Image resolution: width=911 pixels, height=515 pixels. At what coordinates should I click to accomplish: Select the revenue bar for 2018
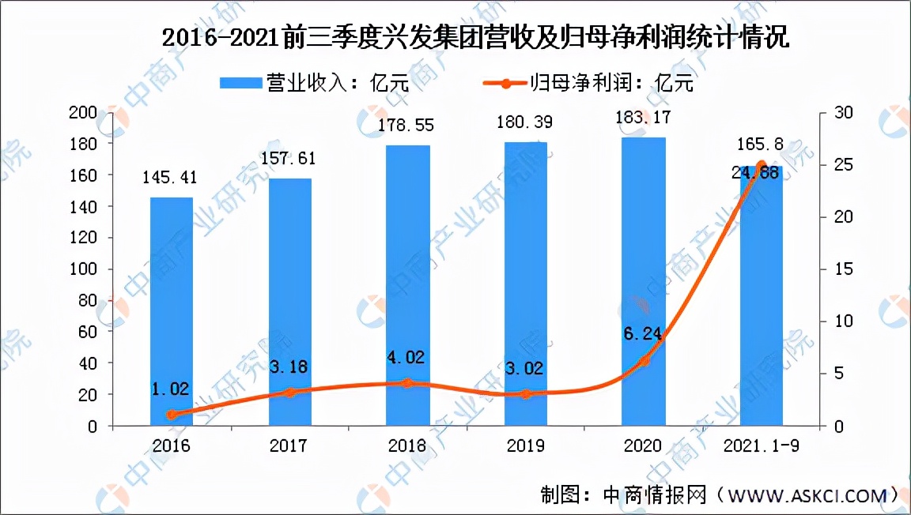[x=408, y=284]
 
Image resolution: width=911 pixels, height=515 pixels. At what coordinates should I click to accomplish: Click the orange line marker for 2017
[x=290, y=393]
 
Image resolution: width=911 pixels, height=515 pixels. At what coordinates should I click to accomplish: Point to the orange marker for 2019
[x=527, y=394]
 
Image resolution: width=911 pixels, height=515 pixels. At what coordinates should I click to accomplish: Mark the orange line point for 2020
[x=645, y=361]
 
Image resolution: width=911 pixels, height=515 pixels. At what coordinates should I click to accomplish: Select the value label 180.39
[x=526, y=122]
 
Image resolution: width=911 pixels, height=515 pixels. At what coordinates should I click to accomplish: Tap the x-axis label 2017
[x=290, y=446]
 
